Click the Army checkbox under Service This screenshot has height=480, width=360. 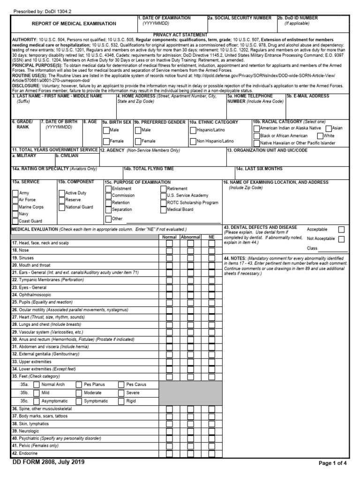[15, 193]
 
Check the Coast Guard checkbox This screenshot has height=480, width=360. [15, 221]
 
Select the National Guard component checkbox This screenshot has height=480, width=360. [61, 207]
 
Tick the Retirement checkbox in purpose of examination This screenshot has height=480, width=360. [163, 188]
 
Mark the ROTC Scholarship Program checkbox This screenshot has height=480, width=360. [163, 202]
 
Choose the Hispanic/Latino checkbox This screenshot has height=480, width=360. [193, 130]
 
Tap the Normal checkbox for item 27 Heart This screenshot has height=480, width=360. [169, 317]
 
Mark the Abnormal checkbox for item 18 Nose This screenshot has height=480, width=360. [190, 251]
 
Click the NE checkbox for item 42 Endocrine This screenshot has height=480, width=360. [212, 453]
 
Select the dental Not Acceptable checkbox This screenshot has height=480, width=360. [341, 239]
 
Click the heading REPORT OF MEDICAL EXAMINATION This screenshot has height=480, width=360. [74, 23]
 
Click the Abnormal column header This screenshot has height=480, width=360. [190, 237]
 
